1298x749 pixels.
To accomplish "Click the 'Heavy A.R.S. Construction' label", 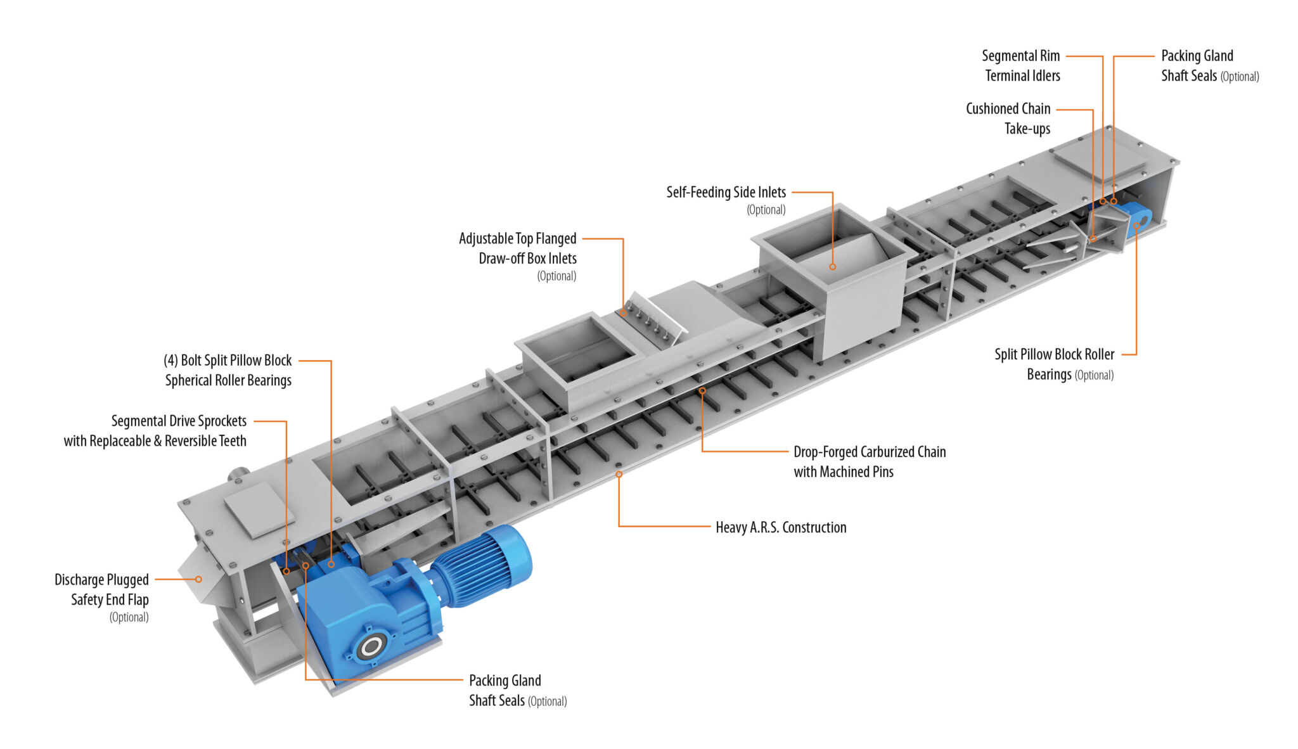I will [x=781, y=527].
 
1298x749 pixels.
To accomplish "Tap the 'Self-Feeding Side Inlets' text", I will [x=726, y=193].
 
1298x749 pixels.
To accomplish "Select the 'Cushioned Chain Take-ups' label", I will [x=1008, y=118].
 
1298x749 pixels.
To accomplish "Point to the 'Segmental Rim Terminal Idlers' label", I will [x=1021, y=66].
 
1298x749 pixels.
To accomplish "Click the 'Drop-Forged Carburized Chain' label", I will [x=869, y=452].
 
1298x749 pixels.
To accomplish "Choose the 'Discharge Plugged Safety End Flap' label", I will [x=102, y=590].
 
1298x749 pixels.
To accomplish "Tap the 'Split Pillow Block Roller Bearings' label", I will [x=1054, y=364].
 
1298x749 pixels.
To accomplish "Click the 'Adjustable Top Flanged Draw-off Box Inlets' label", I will [x=518, y=248].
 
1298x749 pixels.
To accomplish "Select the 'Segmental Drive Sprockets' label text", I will [x=179, y=421].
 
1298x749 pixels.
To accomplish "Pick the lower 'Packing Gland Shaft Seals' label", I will [x=505, y=690].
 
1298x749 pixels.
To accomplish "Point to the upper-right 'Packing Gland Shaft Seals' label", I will [x=1197, y=66].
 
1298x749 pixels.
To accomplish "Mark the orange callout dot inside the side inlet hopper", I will [x=833, y=267].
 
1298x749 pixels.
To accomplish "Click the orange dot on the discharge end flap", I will [x=198, y=579].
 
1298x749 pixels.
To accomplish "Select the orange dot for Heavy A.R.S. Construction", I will [x=619, y=474].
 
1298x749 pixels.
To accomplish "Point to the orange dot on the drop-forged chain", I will [x=702, y=391].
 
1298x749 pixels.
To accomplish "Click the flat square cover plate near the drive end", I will [x=259, y=509].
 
